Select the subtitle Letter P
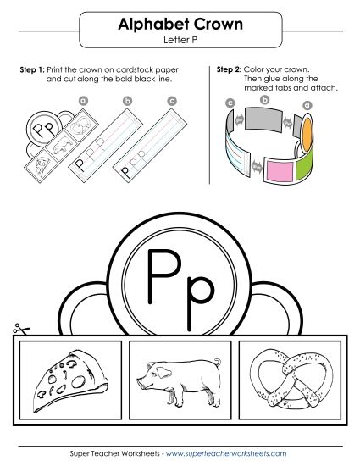(180, 41)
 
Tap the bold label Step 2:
(230, 68)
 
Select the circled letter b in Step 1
(128, 101)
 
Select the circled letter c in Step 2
(230, 103)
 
